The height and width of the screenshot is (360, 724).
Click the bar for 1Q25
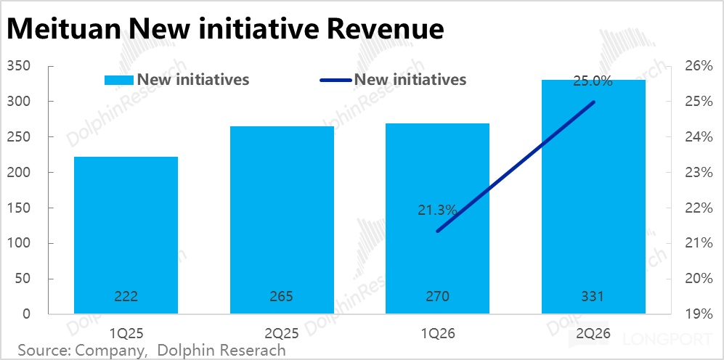126,235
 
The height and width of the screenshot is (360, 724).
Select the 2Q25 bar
282,220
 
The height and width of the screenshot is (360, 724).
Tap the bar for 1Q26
438,218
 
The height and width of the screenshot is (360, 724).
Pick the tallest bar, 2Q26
593,197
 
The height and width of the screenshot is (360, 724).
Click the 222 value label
126,296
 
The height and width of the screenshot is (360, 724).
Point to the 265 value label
282,296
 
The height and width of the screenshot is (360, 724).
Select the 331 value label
593,296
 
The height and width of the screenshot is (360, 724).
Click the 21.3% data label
437,211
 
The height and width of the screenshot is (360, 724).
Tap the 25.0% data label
593,82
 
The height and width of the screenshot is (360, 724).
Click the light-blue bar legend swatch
120,80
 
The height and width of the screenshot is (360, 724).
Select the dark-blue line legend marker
336,80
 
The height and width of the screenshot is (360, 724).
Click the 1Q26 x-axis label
438,333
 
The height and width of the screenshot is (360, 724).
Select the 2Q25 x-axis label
282,333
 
